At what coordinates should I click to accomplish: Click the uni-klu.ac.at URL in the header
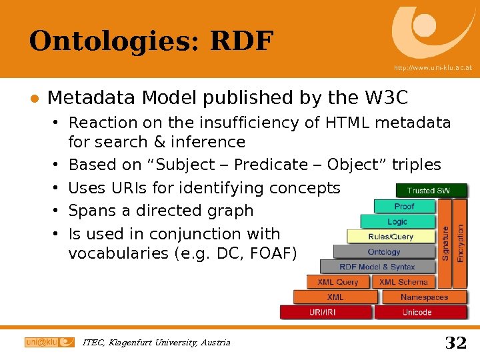(x=433, y=68)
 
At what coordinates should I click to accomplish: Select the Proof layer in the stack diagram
(x=404, y=207)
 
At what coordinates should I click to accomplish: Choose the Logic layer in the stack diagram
(x=397, y=221)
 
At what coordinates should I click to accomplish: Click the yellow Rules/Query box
(x=391, y=237)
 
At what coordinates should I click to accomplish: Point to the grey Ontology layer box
(x=384, y=252)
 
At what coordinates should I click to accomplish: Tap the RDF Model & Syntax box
(x=377, y=267)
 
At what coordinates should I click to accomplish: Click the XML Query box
(x=338, y=282)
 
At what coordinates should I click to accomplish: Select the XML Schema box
(x=403, y=282)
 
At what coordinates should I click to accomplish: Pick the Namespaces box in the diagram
(x=425, y=297)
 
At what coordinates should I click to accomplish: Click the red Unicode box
(x=417, y=312)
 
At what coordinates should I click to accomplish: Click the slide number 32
(x=455, y=343)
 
